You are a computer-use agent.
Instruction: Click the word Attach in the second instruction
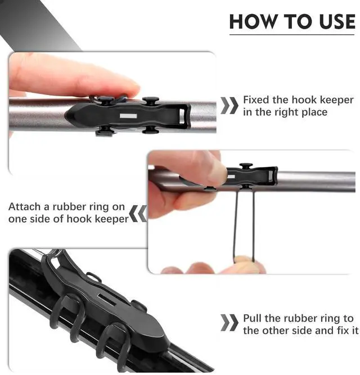25,207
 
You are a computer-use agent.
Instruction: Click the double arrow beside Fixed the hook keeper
229,106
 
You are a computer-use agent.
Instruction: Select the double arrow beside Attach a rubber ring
138,214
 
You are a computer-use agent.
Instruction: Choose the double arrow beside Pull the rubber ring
229,323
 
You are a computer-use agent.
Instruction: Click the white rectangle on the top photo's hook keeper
128,116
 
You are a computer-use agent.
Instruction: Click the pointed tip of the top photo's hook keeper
65,115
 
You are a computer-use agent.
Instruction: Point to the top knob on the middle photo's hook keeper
246,165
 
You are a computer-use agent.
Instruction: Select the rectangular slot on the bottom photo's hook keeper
107,300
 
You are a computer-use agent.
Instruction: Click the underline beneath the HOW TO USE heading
292,35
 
